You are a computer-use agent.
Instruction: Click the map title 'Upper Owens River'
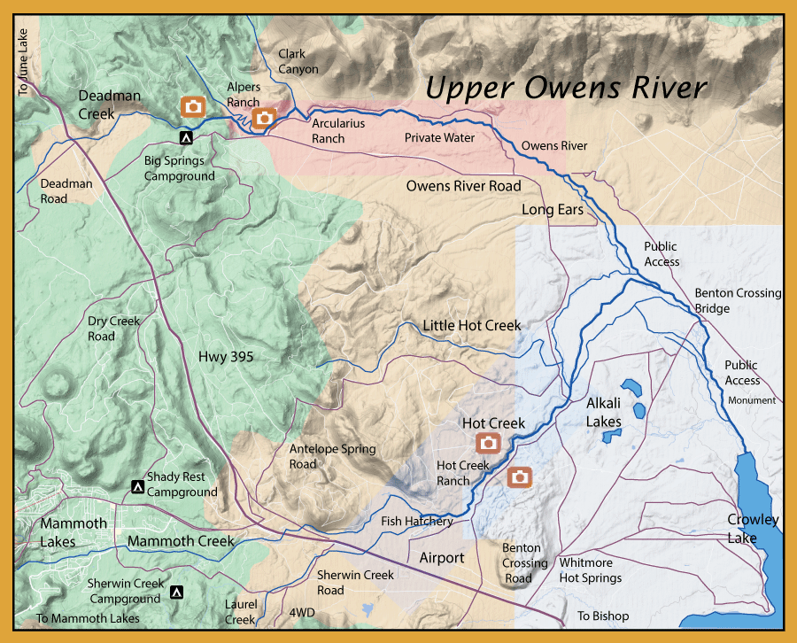566,88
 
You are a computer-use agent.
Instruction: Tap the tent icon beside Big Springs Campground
185,138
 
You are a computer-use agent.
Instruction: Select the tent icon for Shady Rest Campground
137,486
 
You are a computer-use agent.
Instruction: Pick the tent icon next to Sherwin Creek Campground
177,592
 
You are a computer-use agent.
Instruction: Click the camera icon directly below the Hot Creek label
488,443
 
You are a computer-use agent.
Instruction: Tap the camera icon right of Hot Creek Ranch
520,477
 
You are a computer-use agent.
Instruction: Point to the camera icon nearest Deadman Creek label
193,107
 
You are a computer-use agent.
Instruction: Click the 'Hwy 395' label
226,357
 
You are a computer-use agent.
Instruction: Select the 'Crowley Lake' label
753,528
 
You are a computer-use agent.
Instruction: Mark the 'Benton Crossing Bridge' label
737,300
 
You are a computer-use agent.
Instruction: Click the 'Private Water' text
439,138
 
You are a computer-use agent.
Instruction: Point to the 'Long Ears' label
553,210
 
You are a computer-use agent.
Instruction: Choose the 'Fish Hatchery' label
417,522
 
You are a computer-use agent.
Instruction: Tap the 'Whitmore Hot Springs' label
590,570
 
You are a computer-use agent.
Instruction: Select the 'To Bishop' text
603,616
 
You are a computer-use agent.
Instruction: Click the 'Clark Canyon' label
298,62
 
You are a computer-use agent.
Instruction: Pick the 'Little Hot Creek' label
471,326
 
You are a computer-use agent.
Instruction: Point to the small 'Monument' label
751,400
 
